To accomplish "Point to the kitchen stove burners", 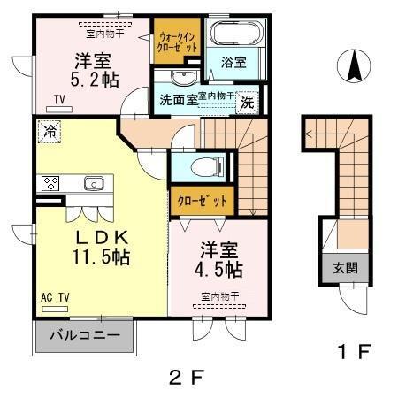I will click(50, 184).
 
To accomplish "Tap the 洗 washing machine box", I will click(249, 102).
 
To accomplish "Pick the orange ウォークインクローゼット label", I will click(177, 40).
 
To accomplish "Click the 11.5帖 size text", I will click(101, 257).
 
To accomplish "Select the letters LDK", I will click(102, 237).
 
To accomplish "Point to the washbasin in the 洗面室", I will click(179, 76).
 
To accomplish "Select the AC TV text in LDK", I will click(55, 299).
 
